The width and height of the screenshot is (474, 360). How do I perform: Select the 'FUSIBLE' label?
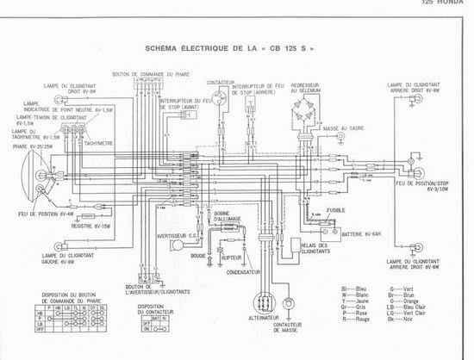click(x=337, y=208)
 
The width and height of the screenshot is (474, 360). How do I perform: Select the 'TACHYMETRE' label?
click(x=97, y=145)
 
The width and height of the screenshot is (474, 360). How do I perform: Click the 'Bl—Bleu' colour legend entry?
click(x=353, y=295)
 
